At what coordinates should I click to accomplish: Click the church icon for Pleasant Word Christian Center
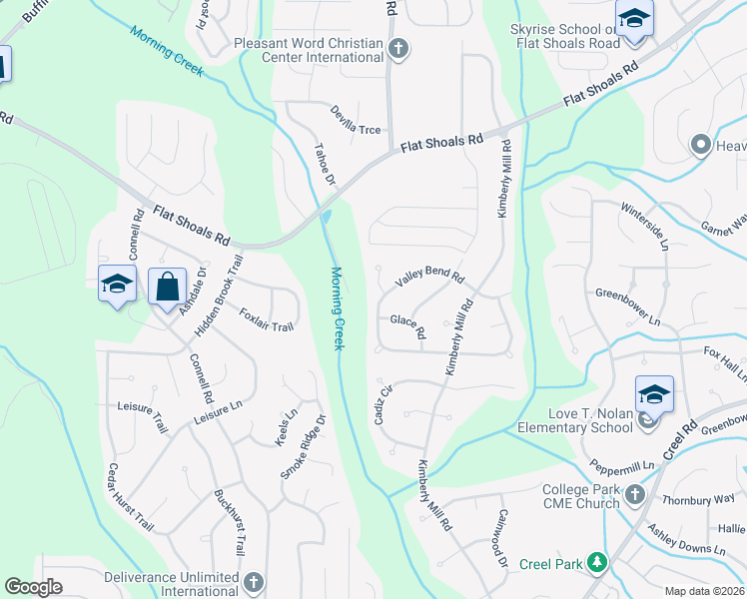398,50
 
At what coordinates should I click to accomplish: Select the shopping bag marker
167,289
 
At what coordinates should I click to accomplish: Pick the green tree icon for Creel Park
597,564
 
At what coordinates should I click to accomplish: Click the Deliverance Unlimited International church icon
254,582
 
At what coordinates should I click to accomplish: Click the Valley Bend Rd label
429,277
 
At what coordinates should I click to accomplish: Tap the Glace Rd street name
407,325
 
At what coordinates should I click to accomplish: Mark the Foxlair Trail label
267,319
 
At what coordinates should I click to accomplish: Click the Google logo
33,587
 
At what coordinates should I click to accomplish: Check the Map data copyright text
705,591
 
